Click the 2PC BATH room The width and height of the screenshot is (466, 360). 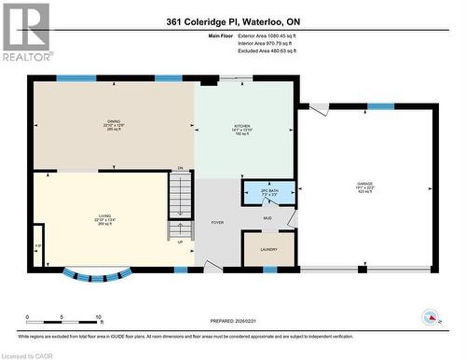click(268, 192)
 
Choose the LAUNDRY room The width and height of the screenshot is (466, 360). click(268, 249)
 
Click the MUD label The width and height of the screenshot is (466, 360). click(267, 218)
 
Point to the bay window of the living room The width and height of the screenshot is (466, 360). click(98, 275)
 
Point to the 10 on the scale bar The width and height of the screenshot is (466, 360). click(97, 318)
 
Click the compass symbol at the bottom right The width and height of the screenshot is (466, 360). click(432, 316)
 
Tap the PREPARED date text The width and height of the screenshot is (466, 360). click(232, 323)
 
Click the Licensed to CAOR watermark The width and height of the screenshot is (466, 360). click(27, 354)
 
